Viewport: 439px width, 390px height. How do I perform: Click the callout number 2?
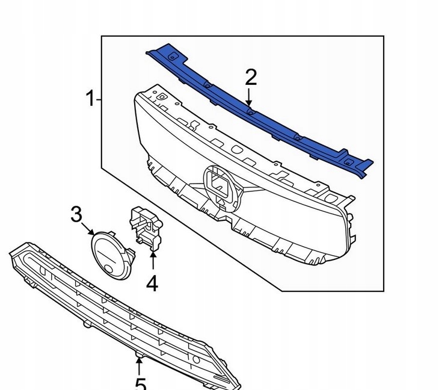250,77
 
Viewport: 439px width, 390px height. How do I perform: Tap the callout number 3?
76,214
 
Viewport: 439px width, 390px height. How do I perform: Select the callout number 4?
152,282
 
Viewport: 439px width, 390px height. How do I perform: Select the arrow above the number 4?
152,261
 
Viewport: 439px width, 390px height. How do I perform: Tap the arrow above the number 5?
139,364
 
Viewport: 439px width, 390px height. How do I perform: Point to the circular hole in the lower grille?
196,359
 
